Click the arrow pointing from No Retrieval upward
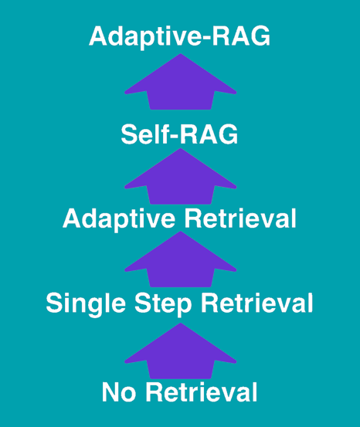[181, 351]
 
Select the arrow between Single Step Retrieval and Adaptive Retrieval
[181, 259]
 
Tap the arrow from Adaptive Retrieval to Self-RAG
[181, 176]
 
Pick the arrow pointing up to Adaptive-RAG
[181, 82]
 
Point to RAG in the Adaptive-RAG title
[242, 36]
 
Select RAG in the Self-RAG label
[209, 134]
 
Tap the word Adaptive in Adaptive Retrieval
[119, 219]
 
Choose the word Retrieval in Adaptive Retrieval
[240, 218]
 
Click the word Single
[86, 304]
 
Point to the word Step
[164, 304]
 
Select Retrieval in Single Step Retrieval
[257, 303]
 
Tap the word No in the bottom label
[119, 392]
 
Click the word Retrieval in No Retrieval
[202, 392]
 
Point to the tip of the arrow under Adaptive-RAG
[181, 54]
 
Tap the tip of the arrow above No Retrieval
[181, 323]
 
